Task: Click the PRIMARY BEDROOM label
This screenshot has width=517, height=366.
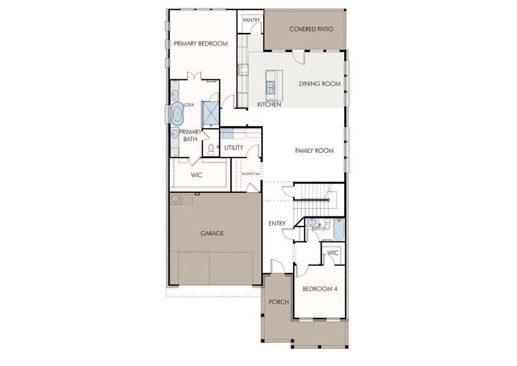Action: [x=200, y=44]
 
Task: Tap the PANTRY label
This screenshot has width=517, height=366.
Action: [x=251, y=20]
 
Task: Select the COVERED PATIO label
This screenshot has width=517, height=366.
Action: [x=311, y=29]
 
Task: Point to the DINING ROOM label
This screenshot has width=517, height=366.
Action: [x=319, y=84]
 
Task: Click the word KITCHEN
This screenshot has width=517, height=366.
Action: [x=269, y=105]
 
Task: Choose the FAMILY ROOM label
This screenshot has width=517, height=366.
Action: [x=314, y=151]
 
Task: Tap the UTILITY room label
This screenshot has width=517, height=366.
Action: [x=233, y=148]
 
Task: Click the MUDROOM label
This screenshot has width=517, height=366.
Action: [x=250, y=174]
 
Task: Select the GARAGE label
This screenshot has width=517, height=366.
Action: [x=212, y=234]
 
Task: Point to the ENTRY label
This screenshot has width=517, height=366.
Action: [x=277, y=224]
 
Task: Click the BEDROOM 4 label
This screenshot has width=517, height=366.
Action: [x=320, y=289]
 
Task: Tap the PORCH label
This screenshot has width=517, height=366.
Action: [x=278, y=302]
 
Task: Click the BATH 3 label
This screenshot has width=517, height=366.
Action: [x=319, y=229]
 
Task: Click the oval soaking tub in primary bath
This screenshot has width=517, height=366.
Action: [x=177, y=113]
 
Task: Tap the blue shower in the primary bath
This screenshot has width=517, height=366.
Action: [x=211, y=113]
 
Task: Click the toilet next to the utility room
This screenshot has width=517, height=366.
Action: [x=211, y=148]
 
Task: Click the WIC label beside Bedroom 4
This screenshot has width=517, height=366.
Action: [x=333, y=253]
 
